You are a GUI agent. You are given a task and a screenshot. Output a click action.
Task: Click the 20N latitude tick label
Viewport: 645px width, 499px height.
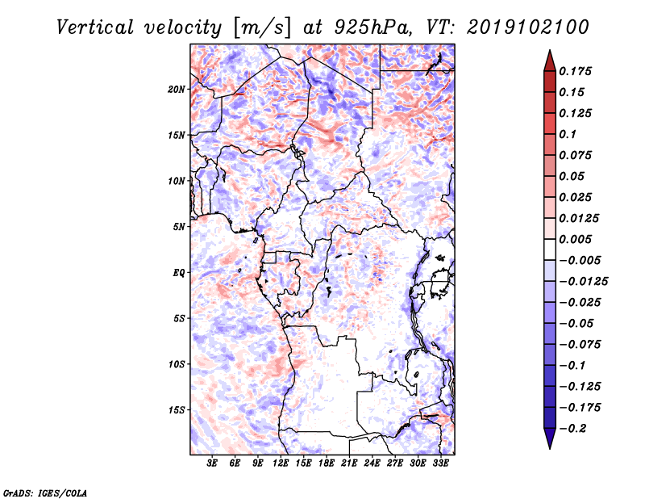point(177,89)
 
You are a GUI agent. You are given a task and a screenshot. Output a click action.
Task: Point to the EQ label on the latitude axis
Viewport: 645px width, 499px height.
point(179,273)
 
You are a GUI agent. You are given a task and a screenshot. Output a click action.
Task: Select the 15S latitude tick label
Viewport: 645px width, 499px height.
point(177,410)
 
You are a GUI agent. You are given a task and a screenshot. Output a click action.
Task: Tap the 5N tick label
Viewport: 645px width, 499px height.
point(179,227)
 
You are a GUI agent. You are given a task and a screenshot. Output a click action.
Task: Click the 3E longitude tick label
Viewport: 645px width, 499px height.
point(213,464)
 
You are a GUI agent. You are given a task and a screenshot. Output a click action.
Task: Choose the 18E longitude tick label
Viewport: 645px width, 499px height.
point(327,464)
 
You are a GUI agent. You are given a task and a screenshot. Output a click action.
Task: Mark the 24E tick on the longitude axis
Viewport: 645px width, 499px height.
point(372,464)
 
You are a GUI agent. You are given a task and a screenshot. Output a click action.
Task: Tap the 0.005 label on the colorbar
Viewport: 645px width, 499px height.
point(576,239)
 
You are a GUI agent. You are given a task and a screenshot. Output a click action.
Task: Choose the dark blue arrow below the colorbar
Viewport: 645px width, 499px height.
point(549,439)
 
